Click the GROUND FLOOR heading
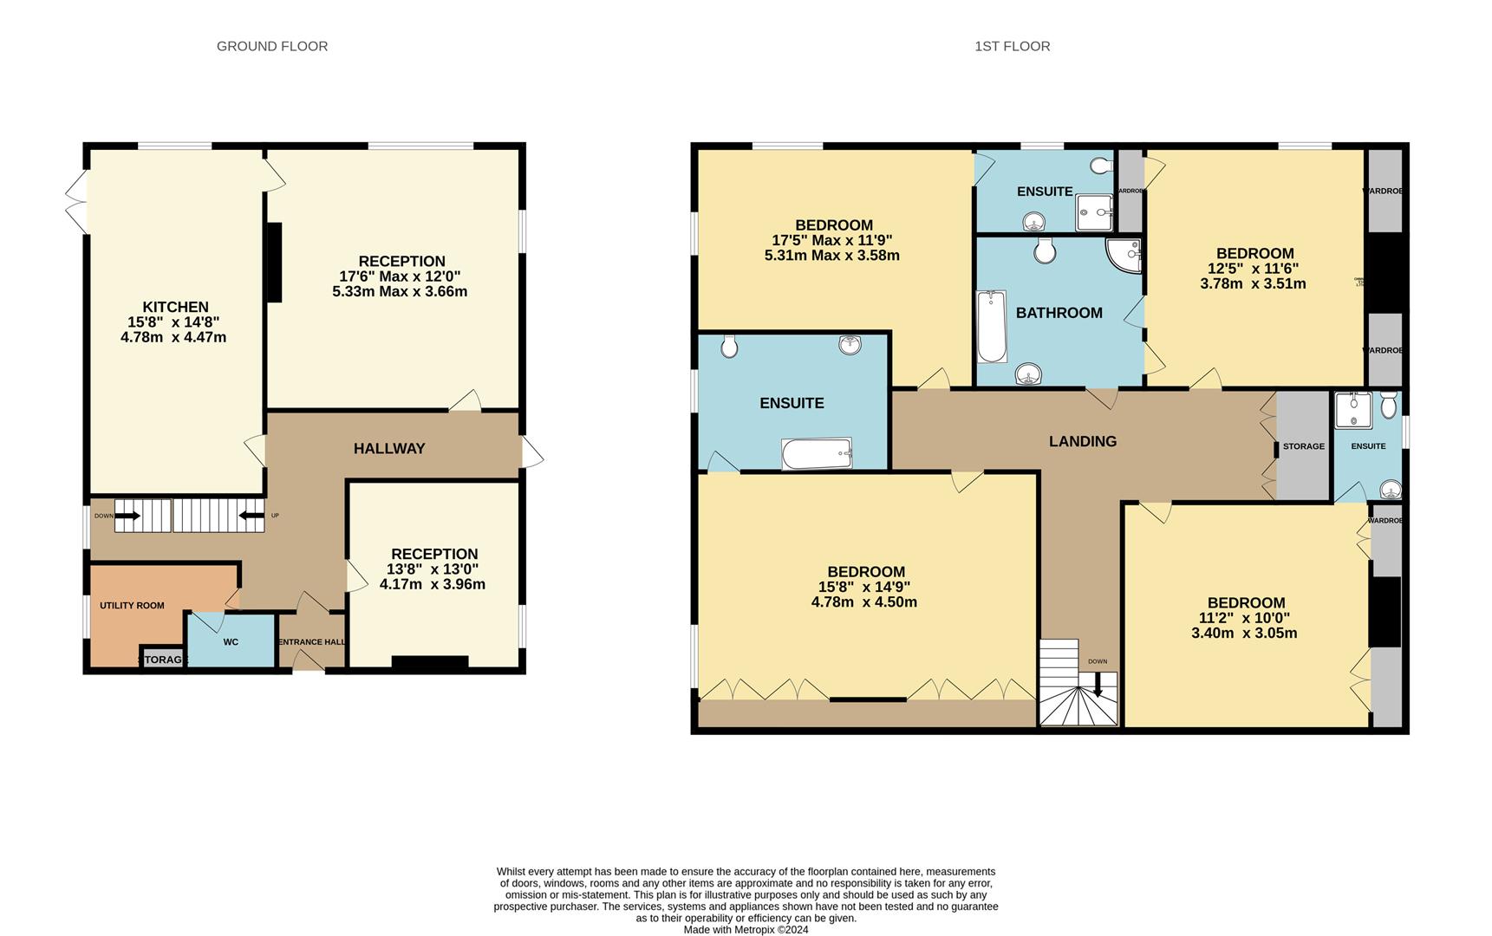click(x=272, y=46)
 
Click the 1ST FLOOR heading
click(x=1012, y=46)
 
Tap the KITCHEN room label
click(x=175, y=307)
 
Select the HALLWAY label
click(x=389, y=448)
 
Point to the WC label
click(x=231, y=642)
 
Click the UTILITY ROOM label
click(x=132, y=606)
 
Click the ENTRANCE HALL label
click(x=311, y=642)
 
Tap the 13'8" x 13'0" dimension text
click(x=433, y=569)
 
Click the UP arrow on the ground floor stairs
click(x=252, y=516)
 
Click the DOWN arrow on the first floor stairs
click(x=1098, y=685)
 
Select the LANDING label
click(x=1082, y=441)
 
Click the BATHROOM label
click(x=1059, y=313)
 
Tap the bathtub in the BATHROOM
click(x=991, y=327)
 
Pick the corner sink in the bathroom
click(x=1124, y=254)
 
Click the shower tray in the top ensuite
click(x=1094, y=212)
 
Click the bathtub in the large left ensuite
click(x=817, y=453)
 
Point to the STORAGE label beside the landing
click(x=1303, y=446)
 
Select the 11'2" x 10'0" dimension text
click(x=1246, y=618)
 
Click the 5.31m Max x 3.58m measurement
click(x=831, y=256)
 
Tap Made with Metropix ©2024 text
click(x=746, y=930)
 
